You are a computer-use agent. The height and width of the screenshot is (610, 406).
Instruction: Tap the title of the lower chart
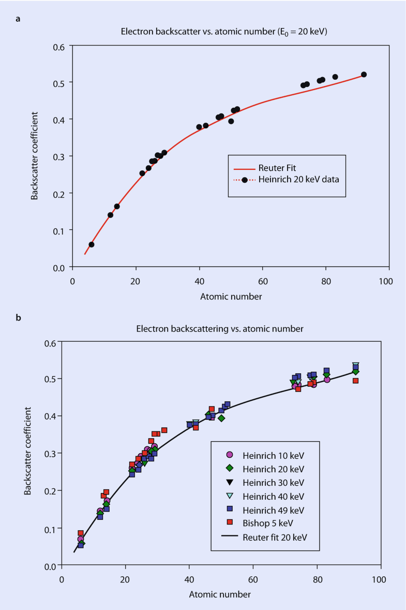(x=220, y=328)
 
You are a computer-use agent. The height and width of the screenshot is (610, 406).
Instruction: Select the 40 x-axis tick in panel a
(x=199, y=281)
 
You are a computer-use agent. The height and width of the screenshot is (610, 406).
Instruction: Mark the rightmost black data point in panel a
(x=364, y=75)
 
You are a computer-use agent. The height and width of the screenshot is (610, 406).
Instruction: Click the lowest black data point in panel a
(x=92, y=244)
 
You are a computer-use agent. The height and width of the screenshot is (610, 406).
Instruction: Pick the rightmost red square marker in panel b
(x=355, y=381)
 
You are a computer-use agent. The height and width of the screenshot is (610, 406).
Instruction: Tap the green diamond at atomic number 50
(x=221, y=418)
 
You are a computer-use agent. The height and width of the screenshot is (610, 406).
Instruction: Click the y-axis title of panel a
(x=34, y=156)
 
